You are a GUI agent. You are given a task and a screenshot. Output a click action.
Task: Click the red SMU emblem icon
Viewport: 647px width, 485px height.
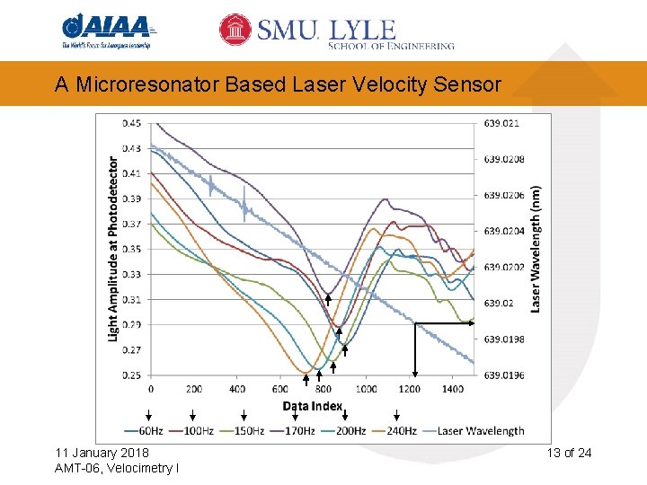pyautogui.click(x=236, y=30)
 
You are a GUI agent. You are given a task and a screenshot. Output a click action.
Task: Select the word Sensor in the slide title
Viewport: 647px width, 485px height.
pyautogui.click(x=469, y=84)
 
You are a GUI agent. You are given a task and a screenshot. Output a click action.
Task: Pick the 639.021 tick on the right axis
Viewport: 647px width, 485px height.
pyautogui.click(x=502, y=123)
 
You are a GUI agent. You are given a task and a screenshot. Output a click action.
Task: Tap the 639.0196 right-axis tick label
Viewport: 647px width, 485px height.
pyautogui.click(x=504, y=375)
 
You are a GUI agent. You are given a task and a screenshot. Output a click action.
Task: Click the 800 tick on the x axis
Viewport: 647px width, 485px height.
pyautogui.click(x=323, y=390)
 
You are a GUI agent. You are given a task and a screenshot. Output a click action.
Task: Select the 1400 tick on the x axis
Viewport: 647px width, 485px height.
pyautogui.click(x=453, y=390)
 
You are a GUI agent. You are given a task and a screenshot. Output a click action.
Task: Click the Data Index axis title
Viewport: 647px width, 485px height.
pyautogui.click(x=313, y=406)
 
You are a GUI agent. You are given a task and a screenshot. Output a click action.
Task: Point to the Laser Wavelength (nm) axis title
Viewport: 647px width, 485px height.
pyautogui.click(x=536, y=249)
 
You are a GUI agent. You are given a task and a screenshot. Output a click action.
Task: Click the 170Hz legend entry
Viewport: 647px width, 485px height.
pyautogui.click(x=297, y=431)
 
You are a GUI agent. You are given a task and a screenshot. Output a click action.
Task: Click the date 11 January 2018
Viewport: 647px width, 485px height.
pyautogui.click(x=102, y=453)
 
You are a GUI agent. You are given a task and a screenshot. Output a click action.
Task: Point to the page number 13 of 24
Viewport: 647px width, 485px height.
pyautogui.click(x=570, y=453)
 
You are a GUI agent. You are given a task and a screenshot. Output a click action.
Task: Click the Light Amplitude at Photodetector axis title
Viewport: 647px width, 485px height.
pyautogui.click(x=113, y=249)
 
